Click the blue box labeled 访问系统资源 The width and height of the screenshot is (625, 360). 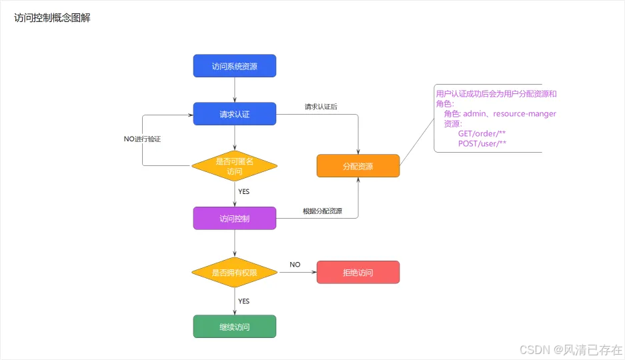coord(234,66)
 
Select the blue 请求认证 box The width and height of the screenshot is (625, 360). coord(234,114)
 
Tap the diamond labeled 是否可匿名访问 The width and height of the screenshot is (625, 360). coord(234,166)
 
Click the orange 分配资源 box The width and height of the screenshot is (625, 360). coord(358,166)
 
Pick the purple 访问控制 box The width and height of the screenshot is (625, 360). coord(234,218)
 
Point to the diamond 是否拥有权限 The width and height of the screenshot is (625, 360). coord(234,272)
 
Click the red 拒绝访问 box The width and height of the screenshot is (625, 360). coord(358,272)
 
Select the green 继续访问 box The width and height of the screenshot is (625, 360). coord(234,327)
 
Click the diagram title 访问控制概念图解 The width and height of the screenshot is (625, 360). coord(52,19)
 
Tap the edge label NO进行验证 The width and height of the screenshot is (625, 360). coord(142,139)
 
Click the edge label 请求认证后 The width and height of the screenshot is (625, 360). coord(321,107)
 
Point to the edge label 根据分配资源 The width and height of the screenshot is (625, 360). coord(322,211)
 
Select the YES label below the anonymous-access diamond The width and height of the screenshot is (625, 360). coord(243,192)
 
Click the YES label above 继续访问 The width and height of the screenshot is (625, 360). coord(243,301)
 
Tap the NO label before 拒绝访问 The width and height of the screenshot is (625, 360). coord(295,265)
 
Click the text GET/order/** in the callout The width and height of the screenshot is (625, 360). coord(481,133)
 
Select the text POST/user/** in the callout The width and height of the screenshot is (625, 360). coord(482,143)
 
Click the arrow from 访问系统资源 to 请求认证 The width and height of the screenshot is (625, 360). coord(235,90)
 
